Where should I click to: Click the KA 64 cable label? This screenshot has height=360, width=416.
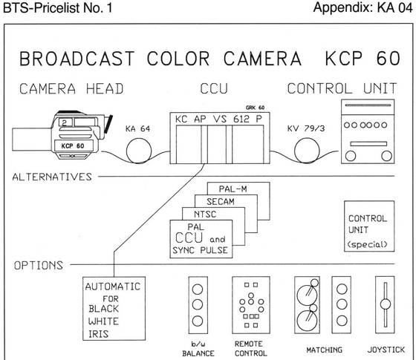(137, 129)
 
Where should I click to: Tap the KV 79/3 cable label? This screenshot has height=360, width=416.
(306, 128)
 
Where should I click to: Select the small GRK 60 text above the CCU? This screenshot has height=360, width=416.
(256, 108)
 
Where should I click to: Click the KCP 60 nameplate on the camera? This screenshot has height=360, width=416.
(73, 145)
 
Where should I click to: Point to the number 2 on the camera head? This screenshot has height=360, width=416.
(64, 122)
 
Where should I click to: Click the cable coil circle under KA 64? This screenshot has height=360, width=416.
(139, 151)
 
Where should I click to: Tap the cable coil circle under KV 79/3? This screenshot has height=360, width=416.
(307, 151)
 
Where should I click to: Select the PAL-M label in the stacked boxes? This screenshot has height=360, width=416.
(233, 189)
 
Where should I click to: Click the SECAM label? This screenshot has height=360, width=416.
(221, 202)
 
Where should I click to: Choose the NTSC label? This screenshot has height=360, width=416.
(205, 215)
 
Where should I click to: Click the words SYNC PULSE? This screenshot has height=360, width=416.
(201, 250)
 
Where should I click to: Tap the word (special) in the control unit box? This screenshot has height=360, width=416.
(368, 244)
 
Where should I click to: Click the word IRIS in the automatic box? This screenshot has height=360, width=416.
(98, 334)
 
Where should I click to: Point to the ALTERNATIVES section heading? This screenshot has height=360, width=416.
(52, 177)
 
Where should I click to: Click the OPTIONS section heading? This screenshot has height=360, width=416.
(39, 266)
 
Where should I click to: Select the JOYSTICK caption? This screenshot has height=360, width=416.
(386, 350)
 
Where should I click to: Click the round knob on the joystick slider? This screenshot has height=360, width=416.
(386, 304)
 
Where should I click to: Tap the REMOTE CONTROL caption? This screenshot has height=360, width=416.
(251, 349)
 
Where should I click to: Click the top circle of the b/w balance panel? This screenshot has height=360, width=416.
(198, 289)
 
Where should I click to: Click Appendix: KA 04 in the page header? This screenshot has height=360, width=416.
(363, 7)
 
